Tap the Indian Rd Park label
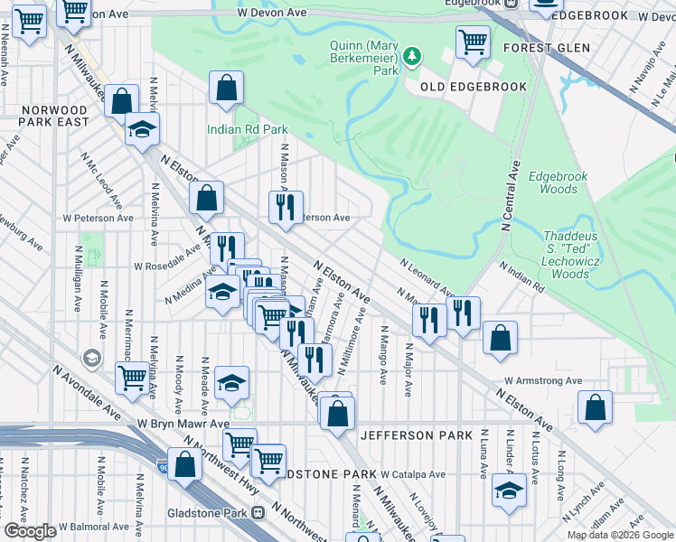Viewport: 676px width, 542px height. [247, 129]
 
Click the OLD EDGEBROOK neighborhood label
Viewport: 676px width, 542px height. [473, 87]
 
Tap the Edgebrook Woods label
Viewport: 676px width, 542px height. [551, 182]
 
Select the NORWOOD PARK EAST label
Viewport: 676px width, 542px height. [54, 115]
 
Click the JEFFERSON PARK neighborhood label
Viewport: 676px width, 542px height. [416, 435]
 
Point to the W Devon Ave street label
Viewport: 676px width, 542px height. [272, 14]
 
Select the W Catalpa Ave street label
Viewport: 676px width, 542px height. [413, 473]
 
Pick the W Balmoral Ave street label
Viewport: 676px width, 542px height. [94, 526]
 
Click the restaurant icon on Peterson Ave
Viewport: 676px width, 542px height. [286, 207]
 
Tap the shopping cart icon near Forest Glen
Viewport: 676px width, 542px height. [473, 42]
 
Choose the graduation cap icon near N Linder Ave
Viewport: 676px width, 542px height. [509, 491]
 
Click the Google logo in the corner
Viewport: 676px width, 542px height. [30, 531]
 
